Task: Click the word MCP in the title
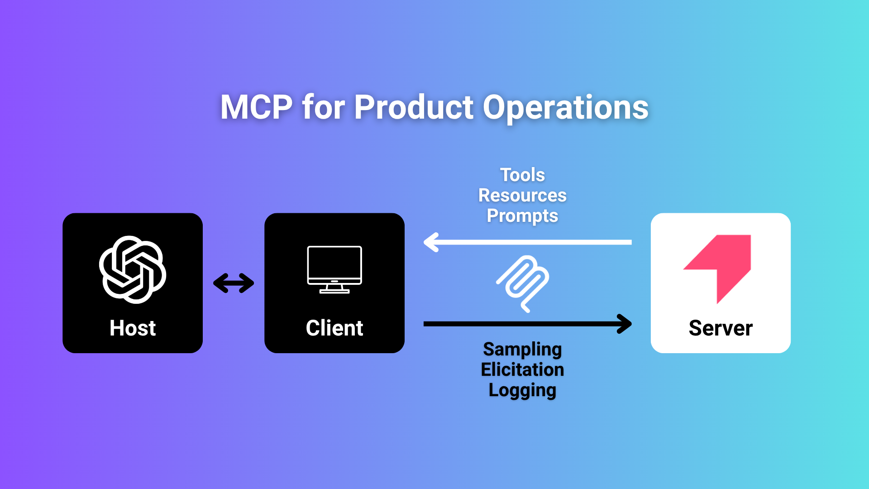[256, 108]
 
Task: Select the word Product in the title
[414, 108]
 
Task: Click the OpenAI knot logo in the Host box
[133, 269]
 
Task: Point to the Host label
[133, 328]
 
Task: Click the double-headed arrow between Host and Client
[234, 283]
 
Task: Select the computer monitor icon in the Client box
[334, 269]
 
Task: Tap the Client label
[334, 328]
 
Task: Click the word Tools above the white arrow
[522, 175]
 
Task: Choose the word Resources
[522, 195]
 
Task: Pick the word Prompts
[522, 216]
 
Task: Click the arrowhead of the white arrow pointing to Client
[431, 242]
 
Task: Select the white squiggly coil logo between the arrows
[523, 283]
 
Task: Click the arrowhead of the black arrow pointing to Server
[625, 324]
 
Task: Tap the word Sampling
[522, 350]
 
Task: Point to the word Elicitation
[522, 369]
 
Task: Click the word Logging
[522, 390]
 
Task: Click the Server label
[721, 328]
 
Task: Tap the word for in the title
[323, 108]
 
